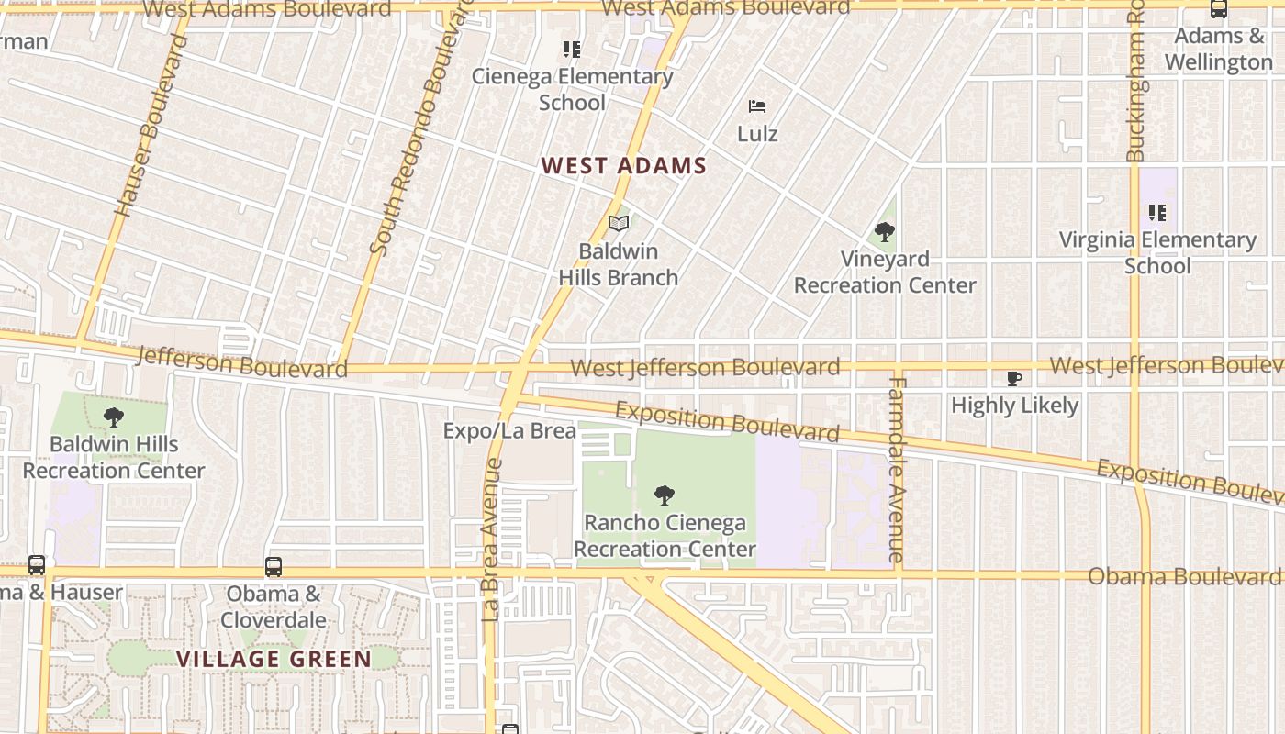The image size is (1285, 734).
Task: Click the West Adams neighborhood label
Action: (x=623, y=166)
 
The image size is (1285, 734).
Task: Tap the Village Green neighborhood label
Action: (x=274, y=659)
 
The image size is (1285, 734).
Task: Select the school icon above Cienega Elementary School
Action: (x=572, y=49)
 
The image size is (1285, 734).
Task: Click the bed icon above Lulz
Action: (x=757, y=106)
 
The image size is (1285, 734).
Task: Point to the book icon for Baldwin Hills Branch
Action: (x=619, y=223)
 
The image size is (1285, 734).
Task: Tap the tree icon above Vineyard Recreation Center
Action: (x=885, y=231)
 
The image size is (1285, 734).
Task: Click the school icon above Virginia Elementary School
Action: (x=1157, y=213)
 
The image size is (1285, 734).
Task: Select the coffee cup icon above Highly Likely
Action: (x=1014, y=378)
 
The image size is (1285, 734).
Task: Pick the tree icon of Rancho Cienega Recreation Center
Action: (x=665, y=496)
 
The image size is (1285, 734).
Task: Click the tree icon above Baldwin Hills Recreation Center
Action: (x=114, y=417)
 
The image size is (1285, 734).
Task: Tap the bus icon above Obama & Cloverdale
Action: (x=274, y=567)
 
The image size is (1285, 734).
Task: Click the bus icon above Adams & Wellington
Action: (x=1219, y=9)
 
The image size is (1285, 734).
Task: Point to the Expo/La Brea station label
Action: (x=509, y=431)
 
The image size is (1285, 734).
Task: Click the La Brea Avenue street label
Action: (x=491, y=539)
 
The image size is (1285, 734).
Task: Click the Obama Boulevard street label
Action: (x=1184, y=576)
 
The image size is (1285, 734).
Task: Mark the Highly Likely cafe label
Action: (x=1014, y=405)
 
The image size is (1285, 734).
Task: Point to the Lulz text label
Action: (x=757, y=134)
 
